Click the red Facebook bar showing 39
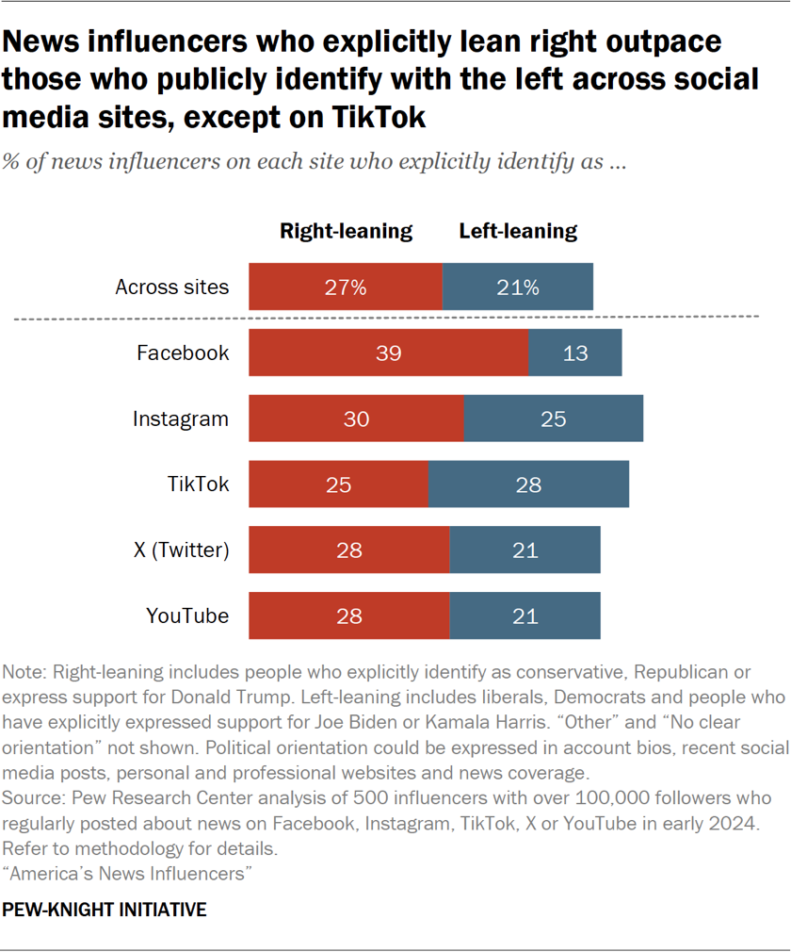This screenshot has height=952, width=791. (388, 353)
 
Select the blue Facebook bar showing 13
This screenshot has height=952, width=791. (574, 353)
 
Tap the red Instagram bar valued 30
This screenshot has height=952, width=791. (356, 419)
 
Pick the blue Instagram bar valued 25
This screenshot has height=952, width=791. (554, 419)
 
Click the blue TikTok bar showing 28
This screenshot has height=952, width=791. (528, 484)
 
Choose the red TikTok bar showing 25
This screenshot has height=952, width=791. (338, 484)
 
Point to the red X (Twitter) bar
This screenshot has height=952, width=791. (348, 550)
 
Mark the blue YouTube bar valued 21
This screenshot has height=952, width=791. (525, 616)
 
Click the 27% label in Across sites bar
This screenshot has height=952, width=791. (346, 287)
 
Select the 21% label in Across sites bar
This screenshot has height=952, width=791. (519, 287)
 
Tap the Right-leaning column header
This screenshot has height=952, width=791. (346, 231)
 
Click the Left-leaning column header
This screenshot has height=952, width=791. (518, 231)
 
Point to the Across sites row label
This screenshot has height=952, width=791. (171, 287)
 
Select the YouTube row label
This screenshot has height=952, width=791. (186, 616)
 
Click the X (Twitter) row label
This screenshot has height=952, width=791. (181, 550)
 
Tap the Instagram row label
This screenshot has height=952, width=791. (180, 419)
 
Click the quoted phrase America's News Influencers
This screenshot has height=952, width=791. (128, 874)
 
